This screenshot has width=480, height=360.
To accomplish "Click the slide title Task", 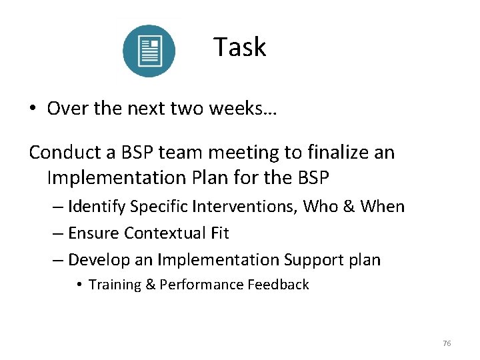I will pyautogui.click(x=239, y=47).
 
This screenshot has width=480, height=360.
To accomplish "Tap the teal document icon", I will pyautogui.click(x=149, y=51).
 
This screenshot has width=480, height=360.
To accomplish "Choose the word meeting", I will pyautogui.click(x=247, y=153).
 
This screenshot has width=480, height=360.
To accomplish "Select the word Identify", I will pyautogui.click(x=97, y=207).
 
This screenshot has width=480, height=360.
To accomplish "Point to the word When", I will pyautogui.click(x=382, y=207).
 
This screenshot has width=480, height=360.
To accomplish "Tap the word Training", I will pyautogui.click(x=115, y=285).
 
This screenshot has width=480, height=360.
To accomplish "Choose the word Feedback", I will pyautogui.click(x=278, y=285).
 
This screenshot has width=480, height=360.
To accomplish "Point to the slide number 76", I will pyautogui.click(x=447, y=343).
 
